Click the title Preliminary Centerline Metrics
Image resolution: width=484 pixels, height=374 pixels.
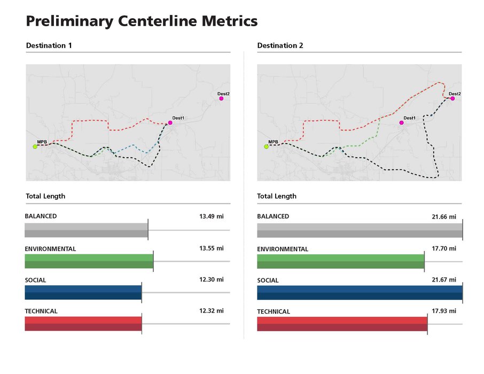(142, 21)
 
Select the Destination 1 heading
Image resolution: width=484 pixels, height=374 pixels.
(49, 46)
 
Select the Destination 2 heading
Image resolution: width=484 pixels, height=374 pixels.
(280, 46)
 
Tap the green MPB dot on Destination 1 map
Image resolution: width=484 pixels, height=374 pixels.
(35, 146)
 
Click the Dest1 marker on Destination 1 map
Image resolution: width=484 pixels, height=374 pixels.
(170, 123)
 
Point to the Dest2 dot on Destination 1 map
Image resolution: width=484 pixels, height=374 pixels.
(221, 98)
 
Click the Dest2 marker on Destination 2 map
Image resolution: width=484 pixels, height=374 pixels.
(452, 98)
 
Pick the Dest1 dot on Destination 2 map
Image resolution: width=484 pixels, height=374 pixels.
(402, 123)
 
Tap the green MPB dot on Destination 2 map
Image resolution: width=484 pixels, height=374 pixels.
(266, 146)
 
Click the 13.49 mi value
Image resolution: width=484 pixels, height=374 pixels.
(208, 217)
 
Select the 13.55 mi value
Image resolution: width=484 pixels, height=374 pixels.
(208, 248)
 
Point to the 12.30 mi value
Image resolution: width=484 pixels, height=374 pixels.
(208, 279)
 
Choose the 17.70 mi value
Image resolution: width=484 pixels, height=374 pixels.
(443, 248)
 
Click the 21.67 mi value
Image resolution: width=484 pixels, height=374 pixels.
(443, 279)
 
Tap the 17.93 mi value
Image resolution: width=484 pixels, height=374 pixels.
(443, 311)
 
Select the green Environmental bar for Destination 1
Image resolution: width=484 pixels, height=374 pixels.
(89, 261)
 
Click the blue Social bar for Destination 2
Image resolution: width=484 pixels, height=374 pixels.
(360, 293)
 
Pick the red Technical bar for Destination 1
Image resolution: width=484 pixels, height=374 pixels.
(83, 324)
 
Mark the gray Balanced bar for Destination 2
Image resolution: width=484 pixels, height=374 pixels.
(360, 230)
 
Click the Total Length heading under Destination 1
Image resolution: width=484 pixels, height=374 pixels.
(45, 196)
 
